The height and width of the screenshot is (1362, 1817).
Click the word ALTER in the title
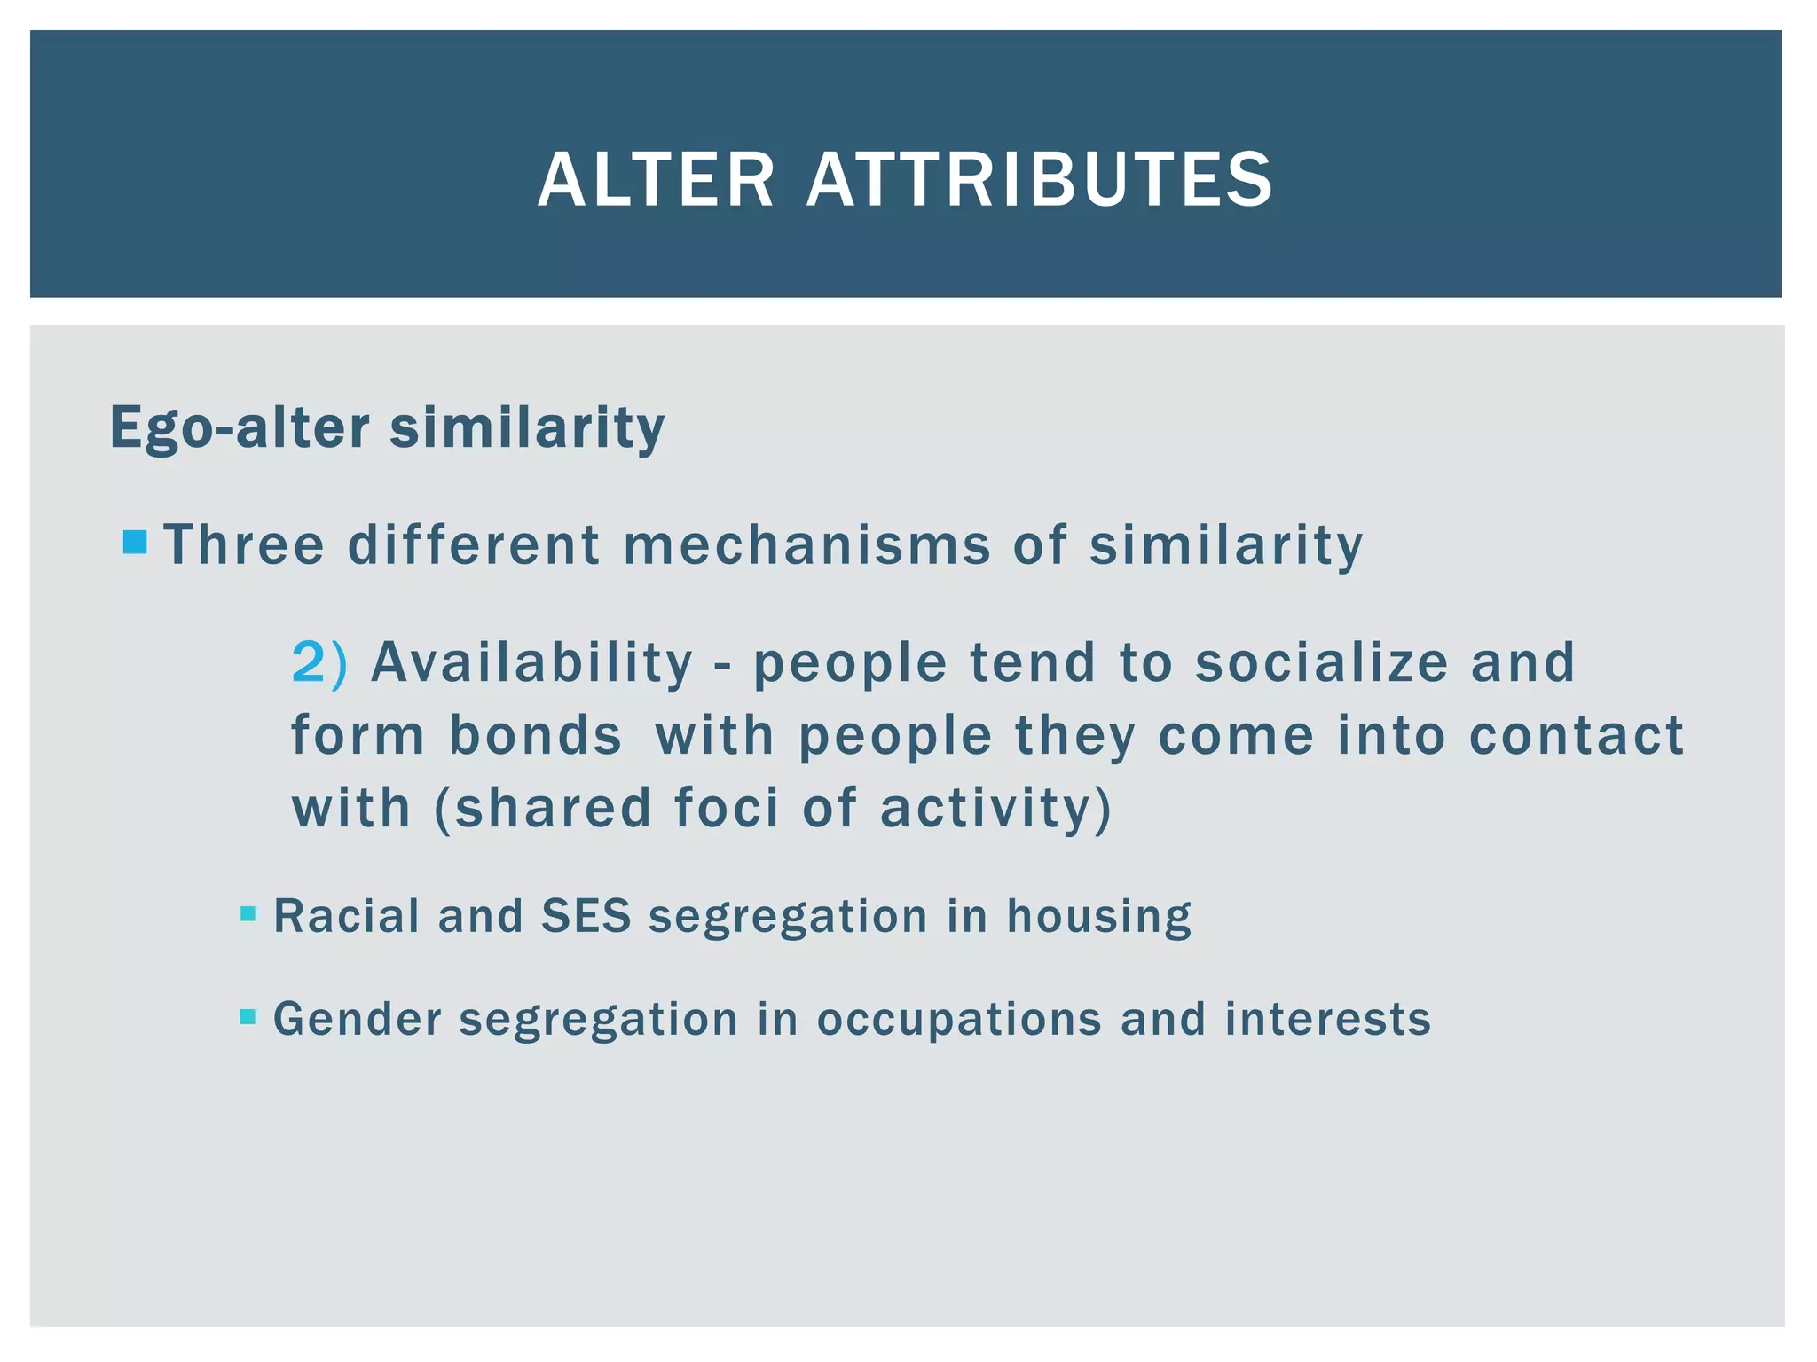coord(656,180)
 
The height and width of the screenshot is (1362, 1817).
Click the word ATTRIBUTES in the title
coord(1039,180)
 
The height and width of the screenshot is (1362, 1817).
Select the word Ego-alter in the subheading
coord(239,428)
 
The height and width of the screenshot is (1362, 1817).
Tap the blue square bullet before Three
coord(135,542)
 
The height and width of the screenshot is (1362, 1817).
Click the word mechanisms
coord(806,544)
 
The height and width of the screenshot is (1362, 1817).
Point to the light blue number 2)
coord(319,662)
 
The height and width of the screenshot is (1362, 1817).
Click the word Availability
coord(531,662)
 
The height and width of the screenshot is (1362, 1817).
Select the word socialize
coord(1321,662)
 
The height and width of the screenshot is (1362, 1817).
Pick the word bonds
coord(535,735)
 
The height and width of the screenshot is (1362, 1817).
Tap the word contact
coord(1576,735)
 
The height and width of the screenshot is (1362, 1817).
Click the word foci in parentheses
coord(726,808)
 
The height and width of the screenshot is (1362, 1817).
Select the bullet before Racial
coord(248,913)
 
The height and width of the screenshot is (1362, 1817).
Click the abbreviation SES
coord(586,916)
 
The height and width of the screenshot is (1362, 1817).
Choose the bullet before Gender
coord(248,1016)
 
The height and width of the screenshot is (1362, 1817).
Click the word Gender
coord(357,1019)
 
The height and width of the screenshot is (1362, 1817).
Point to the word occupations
coord(958,1019)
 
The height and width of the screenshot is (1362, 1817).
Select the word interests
coord(1327,1019)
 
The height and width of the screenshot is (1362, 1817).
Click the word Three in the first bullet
coord(245,544)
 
